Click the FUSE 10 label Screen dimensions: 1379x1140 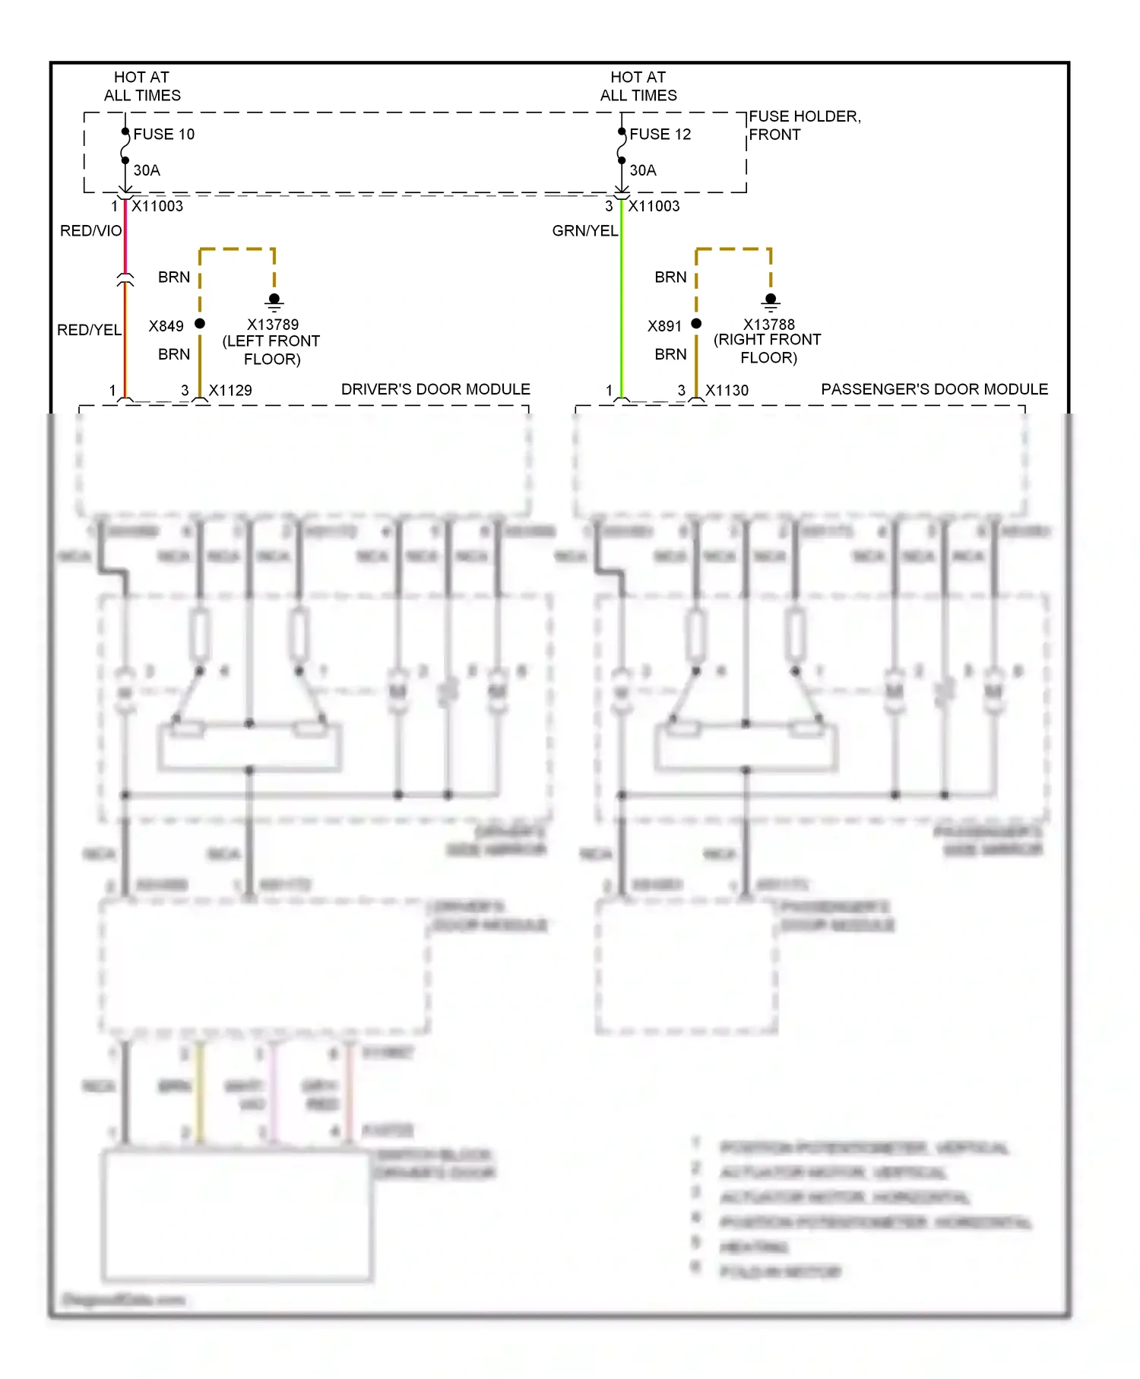[163, 135]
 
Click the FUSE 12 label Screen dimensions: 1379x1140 [660, 135]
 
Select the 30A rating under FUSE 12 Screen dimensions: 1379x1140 [643, 170]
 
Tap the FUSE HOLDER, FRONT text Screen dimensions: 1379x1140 [803, 125]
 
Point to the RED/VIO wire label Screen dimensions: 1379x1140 [90, 231]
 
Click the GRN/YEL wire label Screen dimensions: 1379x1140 [584, 231]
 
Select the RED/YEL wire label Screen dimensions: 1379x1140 [89, 330]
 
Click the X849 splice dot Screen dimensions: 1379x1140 [200, 324]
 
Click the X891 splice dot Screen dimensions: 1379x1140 [696, 324]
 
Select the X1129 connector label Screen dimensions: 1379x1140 [230, 391]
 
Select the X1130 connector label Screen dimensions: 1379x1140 [727, 391]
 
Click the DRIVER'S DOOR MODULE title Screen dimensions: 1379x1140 [435, 389]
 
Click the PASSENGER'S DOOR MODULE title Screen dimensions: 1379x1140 [934, 389]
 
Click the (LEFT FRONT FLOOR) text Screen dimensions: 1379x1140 [271, 350]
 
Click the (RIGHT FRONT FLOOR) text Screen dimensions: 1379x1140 [768, 349]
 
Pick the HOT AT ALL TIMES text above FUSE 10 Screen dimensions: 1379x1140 [142, 86]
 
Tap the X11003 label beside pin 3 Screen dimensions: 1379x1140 [654, 206]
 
